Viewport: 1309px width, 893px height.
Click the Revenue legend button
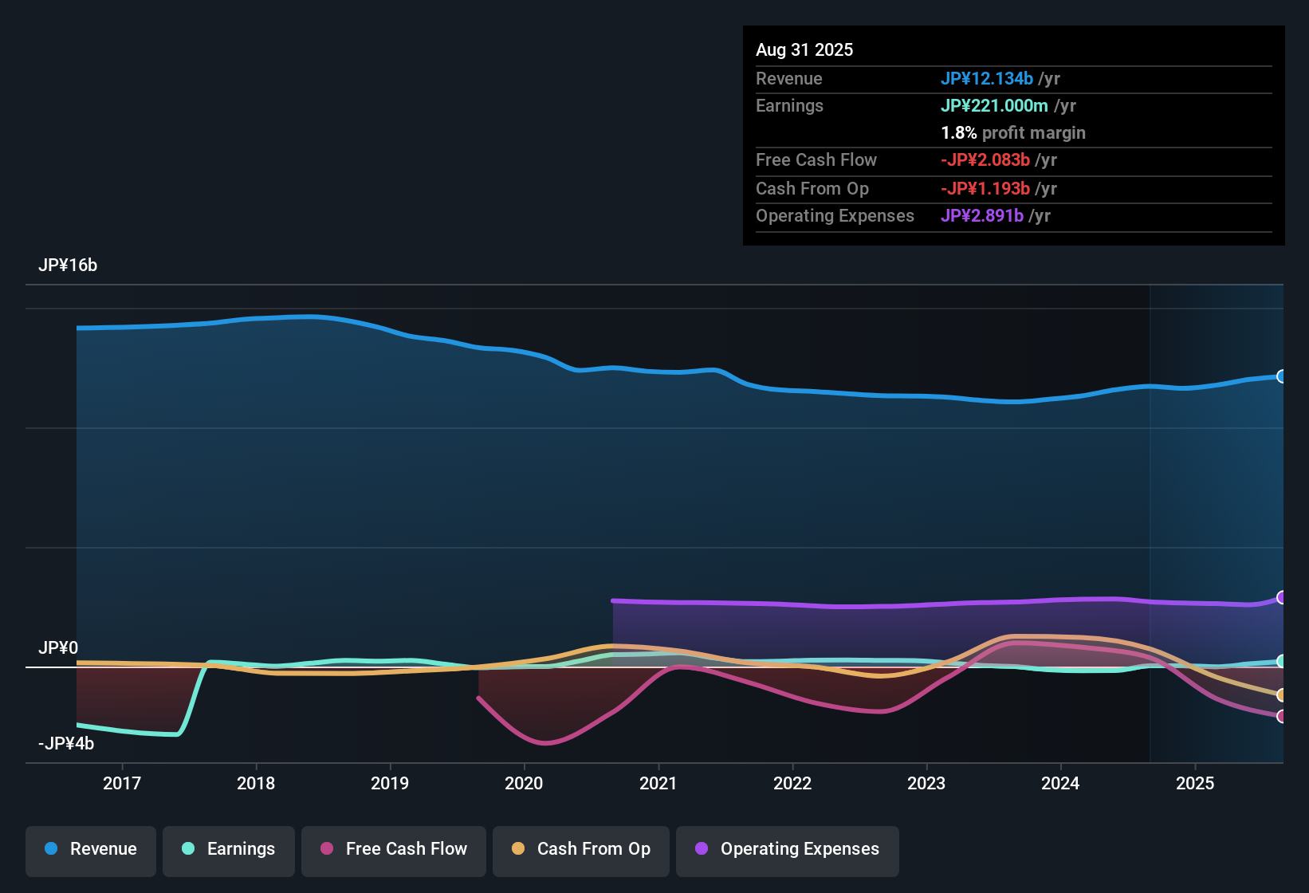click(x=91, y=849)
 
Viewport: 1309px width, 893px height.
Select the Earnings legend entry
click(x=229, y=849)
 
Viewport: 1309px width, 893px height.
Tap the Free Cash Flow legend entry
click(x=394, y=849)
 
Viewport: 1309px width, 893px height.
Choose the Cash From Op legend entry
click(x=581, y=849)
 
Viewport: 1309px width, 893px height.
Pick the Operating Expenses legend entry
click(x=788, y=849)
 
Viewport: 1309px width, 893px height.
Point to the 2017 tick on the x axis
click(x=122, y=783)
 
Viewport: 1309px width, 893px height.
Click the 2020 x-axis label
click(x=524, y=783)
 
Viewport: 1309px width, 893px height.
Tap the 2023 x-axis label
click(x=926, y=783)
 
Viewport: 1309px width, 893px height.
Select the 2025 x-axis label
click(x=1195, y=783)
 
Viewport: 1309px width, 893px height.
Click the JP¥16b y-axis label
click(x=68, y=266)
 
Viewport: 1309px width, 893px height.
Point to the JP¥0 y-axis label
click(x=58, y=647)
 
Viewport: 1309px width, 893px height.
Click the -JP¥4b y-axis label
click(x=66, y=743)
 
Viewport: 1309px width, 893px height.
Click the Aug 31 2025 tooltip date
click(x=804, y=49)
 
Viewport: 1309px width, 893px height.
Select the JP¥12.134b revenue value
click(x=987, y=78)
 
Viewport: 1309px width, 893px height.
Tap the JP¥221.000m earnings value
click(x=994, y=105)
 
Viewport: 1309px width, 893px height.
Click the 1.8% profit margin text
click(x=1013, y=132)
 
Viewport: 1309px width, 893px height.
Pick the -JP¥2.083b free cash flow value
click(x=985, y=159)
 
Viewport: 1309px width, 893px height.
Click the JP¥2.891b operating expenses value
click(x=982, y=215)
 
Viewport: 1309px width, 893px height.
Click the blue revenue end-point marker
click(x=1281, y=376)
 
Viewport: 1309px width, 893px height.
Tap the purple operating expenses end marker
click(x=1281, y=597)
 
